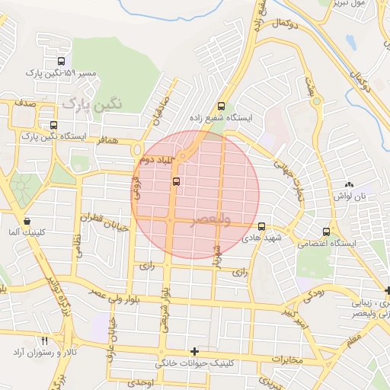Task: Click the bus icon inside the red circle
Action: pos(177,181)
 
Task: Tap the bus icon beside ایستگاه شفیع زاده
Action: pos(221,107)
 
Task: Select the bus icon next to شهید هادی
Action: pos(262,226)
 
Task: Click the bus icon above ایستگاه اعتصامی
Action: pos(327,232)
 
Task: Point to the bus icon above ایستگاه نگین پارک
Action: pos(53,125)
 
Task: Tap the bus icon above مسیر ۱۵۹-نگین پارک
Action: pos(61,62)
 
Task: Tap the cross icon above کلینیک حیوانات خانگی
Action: pos(196,352)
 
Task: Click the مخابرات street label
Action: pos(287,359)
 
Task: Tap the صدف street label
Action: pos(25,100)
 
